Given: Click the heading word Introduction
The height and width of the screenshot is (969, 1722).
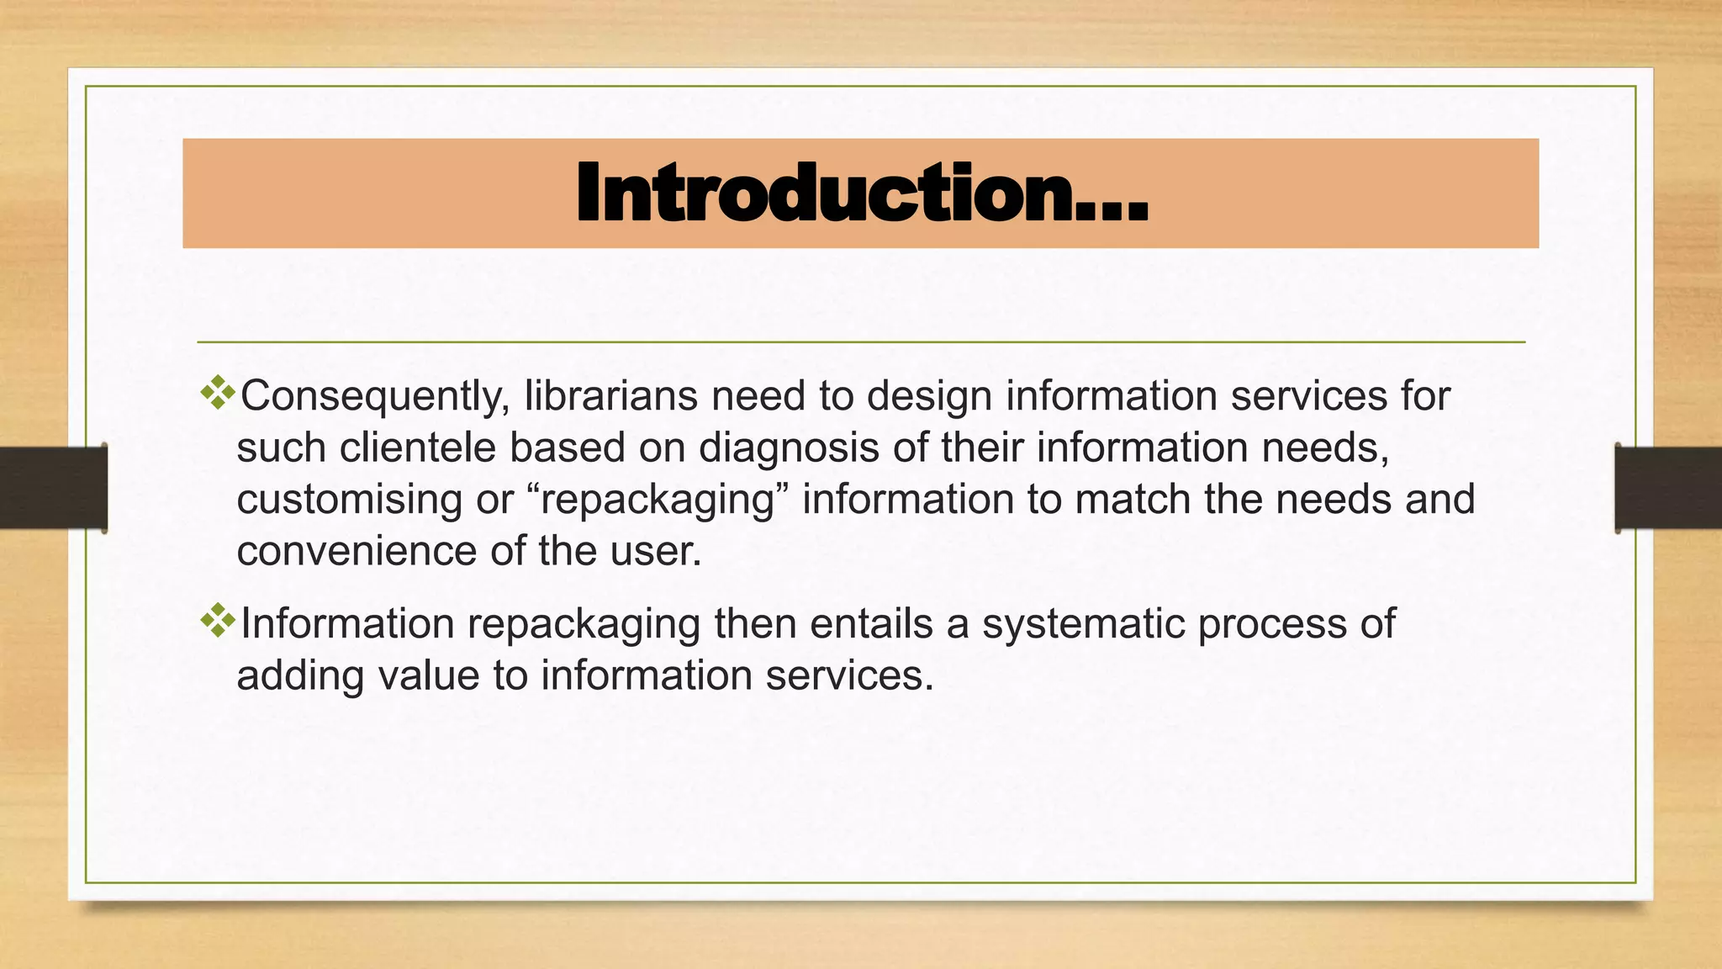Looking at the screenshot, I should (x=861, y=194).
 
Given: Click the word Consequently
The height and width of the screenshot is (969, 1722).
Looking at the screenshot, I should (x=374, y=396).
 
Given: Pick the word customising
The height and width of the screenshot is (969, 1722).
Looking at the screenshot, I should (x=349, y=500).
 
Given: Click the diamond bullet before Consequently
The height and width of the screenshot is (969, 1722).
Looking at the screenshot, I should (x=218, y=393).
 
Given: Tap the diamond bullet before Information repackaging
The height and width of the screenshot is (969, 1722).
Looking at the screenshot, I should (x=218, y=621).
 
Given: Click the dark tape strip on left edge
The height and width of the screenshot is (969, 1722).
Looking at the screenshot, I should (x=53, y=488).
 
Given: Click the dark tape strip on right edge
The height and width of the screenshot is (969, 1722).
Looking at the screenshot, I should (x=1668, y=488).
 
